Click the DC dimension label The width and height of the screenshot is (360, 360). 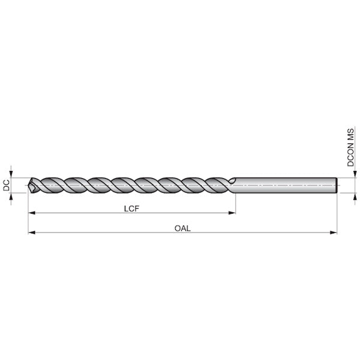pos(7,185)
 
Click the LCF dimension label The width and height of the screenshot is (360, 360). pos(131,209)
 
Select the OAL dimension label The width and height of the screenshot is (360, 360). pos(182,229)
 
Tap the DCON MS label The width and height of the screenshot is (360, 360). pos(350,148)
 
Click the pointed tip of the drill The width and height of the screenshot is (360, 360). pos(28,185)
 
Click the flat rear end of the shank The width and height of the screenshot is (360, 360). pos(337,185)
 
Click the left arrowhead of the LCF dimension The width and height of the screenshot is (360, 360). pos(31,213)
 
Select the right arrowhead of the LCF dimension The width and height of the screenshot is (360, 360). pos(232,213)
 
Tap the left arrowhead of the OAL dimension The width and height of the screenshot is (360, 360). pos(31,233)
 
